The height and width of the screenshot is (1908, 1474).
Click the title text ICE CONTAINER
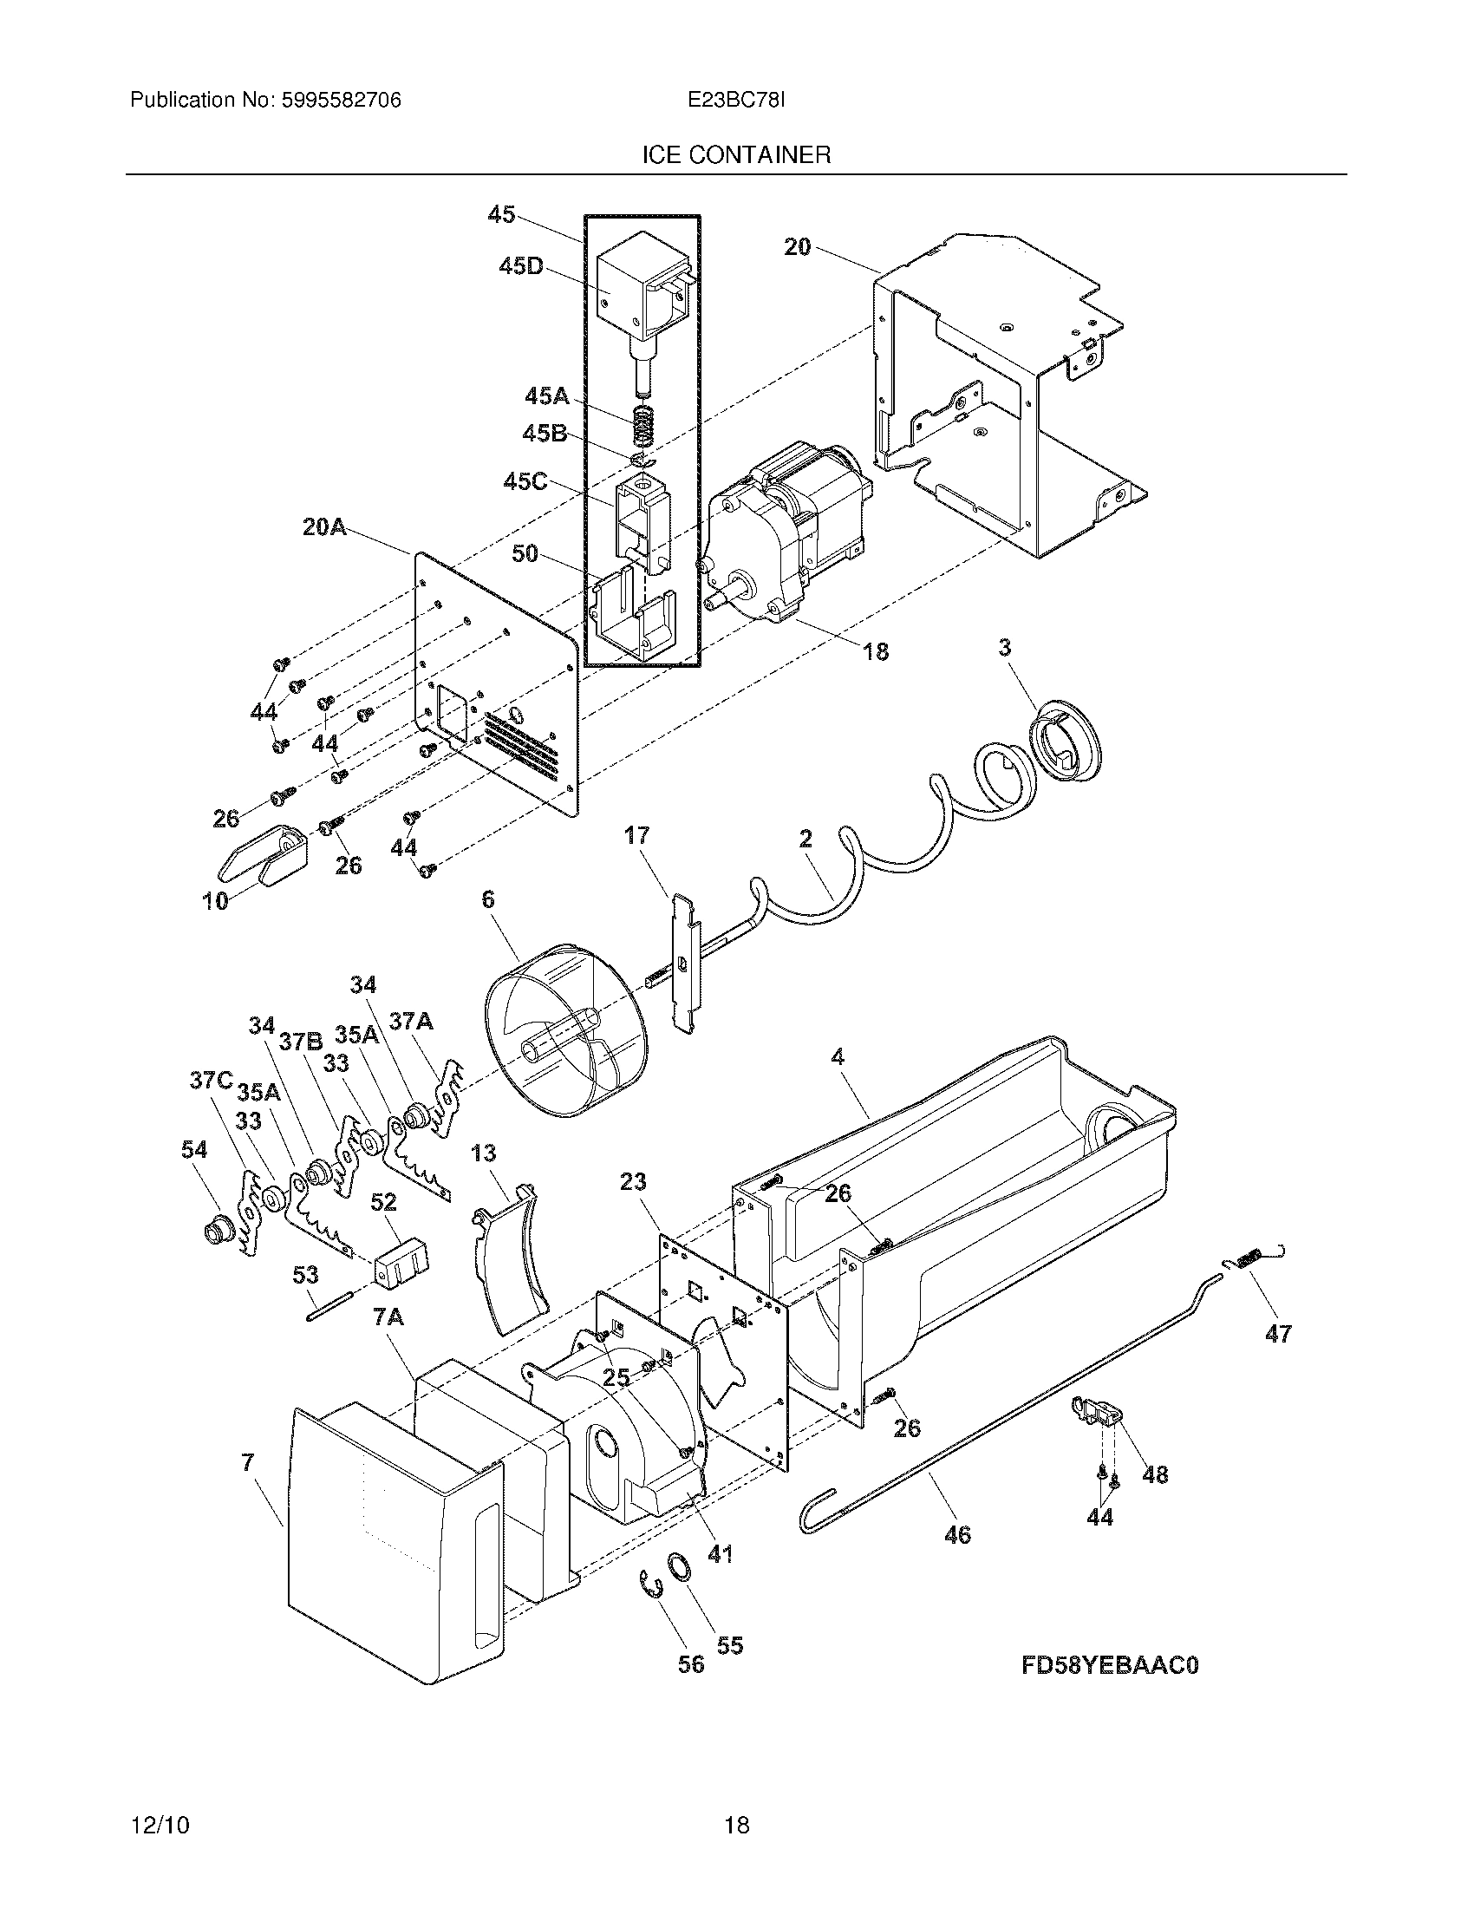pos(736,155)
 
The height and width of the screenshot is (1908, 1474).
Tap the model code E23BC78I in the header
pos(736,101)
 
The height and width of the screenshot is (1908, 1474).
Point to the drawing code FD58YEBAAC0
pos(1110,1665)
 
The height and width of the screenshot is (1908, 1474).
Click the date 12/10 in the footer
pos(160,1826)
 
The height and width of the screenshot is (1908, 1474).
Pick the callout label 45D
pos(520,267)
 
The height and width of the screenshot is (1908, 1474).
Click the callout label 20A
pos(324,526)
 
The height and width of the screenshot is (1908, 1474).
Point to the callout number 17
pos(636,836)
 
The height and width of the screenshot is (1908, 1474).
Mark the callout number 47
pos(1277,1334)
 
